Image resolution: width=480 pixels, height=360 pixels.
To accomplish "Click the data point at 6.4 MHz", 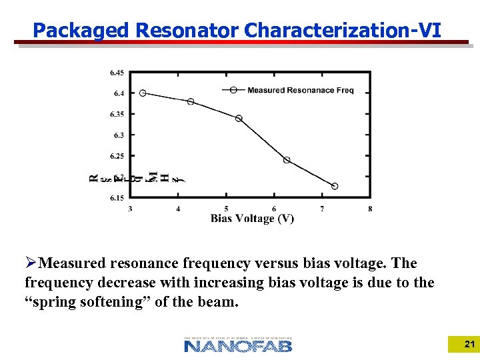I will pyautogui.click(x=143, y=93).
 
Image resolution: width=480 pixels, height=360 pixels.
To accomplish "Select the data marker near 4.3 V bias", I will pyautogui.click(x=191, y=101).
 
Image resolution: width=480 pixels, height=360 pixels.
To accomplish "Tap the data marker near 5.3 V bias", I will pyautogui.click(x=239, y=119).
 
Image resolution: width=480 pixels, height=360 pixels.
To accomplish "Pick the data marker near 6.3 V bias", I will pyautogui.click(x=287, y=160).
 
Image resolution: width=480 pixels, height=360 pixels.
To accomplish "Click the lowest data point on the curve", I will pyautogui.click(x=335, y=186).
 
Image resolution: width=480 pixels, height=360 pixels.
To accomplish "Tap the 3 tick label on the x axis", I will pyautogui.click(x=130, y=209).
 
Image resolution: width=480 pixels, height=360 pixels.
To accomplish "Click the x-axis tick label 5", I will pyautogui.click(x=226, y=209).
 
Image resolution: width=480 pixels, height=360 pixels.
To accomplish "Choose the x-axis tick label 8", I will pyautogui.click(x=370, y=209).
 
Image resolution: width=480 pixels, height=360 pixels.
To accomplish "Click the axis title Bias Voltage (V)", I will pyautogui.click(x=252, y=219).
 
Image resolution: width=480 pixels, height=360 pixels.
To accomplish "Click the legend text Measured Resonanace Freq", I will pyautogui.click(x=300, y=90).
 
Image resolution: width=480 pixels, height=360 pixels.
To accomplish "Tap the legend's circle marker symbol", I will pyautogui.click(x=233, y=90).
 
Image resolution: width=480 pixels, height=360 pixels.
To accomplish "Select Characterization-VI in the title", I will pyautogui.click(x=343, y=31).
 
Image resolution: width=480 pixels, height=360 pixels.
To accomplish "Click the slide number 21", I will pyautogui.click(x=469, y=345).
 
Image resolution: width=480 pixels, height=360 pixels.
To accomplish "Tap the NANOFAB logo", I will pyautogui.click(x=238, y=345).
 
